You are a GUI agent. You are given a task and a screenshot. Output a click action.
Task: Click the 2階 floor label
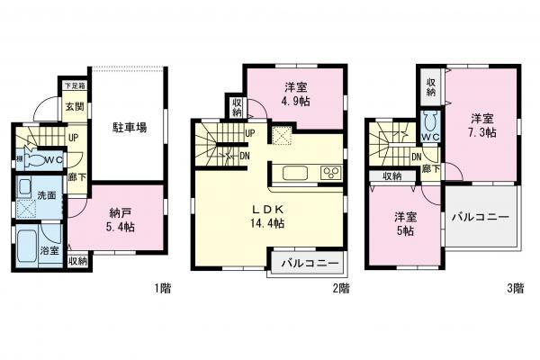pos(341,289)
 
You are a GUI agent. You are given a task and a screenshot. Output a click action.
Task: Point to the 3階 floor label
pos(515,289)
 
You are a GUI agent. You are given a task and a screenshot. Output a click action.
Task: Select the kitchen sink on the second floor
pos(297,173)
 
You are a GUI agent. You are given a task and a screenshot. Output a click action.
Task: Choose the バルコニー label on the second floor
pos(309,265)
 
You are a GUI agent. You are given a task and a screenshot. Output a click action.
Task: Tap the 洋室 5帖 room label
pos(402,223)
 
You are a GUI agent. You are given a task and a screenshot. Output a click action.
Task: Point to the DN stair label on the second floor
pos(245,156)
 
